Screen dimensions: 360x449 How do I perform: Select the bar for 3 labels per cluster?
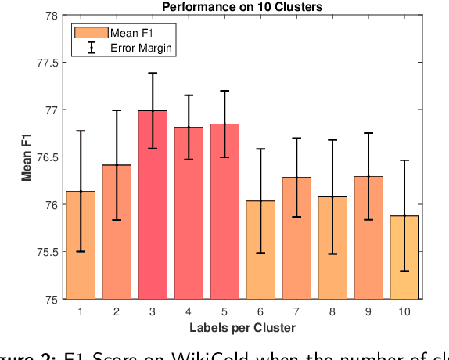[x=153, y=205]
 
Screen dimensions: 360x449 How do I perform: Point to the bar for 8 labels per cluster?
[x=332, y=247]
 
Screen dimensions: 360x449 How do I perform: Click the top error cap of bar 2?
[x=117, y=110]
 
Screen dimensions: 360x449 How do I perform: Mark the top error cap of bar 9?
[x=368, y=133]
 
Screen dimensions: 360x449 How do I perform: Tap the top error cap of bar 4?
[x=189, y=95]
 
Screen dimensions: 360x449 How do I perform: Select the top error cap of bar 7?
[x=296, y=138]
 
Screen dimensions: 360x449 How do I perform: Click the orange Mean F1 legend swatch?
[x=92, y=33]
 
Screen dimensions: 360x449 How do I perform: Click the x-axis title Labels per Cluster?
[x=242, y=326]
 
